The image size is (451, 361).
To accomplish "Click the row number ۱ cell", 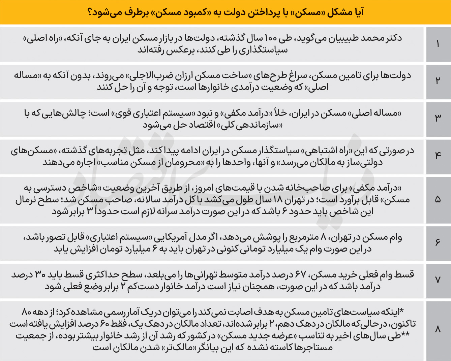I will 438,44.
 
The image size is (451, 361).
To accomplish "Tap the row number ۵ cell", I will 438,200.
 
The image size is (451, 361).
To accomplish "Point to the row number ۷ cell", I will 438,280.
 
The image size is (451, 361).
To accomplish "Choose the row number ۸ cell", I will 438,329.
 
